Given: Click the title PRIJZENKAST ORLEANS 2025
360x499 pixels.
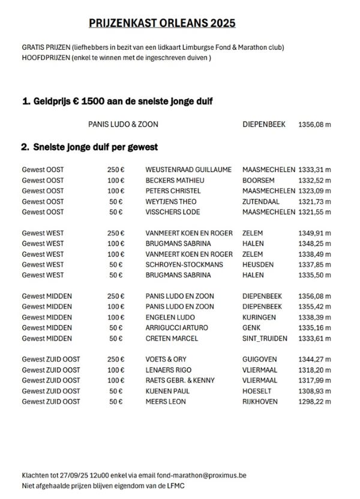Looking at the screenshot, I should click(162, 23).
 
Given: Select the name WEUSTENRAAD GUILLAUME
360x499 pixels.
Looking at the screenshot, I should click(188, 170).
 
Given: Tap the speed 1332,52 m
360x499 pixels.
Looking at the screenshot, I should click(315, 180).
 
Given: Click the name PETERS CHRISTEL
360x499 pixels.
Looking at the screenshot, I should click(172, 191).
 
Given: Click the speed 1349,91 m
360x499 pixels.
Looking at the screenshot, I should click(315, 233).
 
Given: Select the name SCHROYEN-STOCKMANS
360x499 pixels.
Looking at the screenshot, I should click(184, 264).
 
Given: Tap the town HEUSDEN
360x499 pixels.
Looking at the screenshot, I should click(258, 264).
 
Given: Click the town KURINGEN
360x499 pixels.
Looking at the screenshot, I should click(259, 317).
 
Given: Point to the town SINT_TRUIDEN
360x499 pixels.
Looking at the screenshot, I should click(265, 338).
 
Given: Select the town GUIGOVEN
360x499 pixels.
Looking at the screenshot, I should click(260, 359).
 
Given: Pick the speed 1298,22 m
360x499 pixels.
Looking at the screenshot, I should click(315, 401).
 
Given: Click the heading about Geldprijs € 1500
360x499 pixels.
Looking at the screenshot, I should click(117, 102).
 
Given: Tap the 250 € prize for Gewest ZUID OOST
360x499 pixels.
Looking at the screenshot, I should click(116, 359).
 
